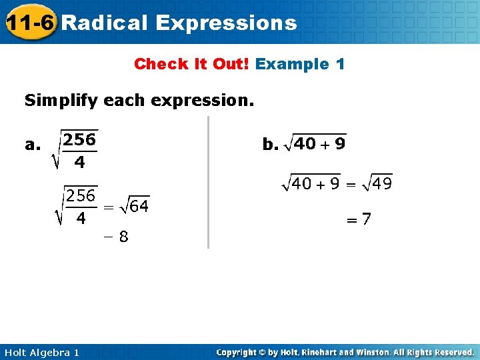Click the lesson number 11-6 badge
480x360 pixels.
29,23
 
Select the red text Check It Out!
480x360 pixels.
191,64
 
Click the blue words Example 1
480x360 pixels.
300,64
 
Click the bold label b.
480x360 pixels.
269,144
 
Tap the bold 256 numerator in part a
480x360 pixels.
79,139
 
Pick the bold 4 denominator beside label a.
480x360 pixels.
79,162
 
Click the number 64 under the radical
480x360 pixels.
139,206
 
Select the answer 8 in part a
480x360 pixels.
123,237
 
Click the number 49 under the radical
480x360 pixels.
382,183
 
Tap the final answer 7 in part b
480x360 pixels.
367,218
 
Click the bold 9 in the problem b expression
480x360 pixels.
339,144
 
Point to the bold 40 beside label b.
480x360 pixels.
305,144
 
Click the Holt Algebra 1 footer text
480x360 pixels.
40,352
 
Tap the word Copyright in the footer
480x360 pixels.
238,352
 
